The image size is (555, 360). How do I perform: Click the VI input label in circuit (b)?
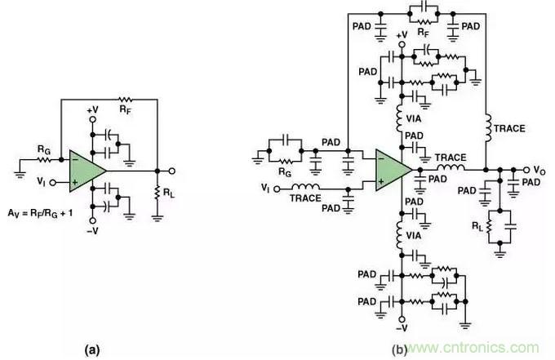(x=266, y=189)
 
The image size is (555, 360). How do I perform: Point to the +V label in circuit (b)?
(x=400, y=35)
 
